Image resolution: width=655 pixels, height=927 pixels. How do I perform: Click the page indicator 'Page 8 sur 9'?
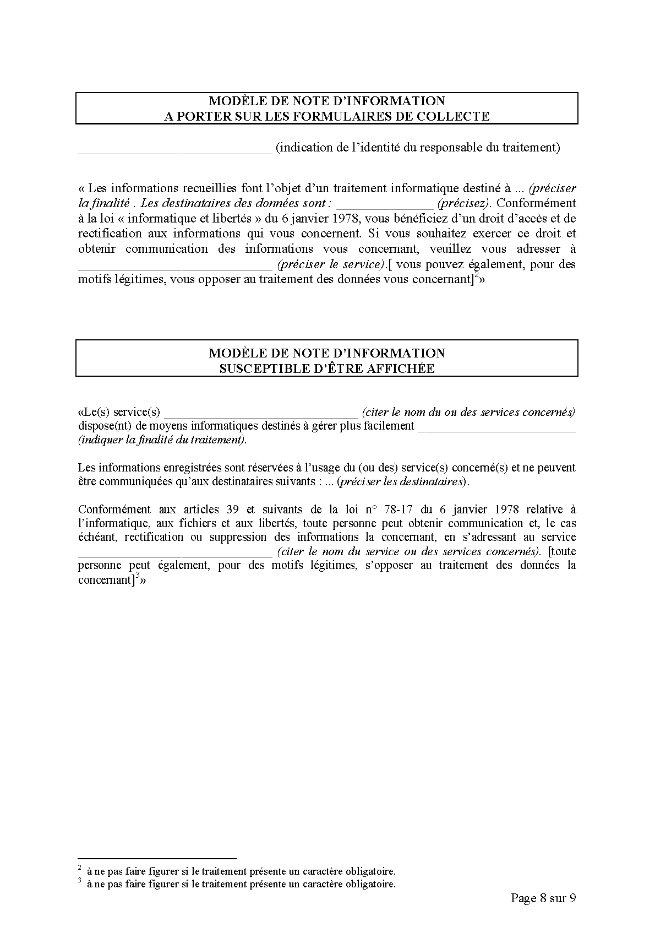point(543,898)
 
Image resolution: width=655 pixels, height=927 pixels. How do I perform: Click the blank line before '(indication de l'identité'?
point(174,153)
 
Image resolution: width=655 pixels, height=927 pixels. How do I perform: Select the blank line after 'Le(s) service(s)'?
point(261,416)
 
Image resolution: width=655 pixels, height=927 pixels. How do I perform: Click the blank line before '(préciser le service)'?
point(174,269)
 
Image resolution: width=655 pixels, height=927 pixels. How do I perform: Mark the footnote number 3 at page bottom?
point(80,882)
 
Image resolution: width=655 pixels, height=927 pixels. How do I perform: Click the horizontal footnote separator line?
point(157,858)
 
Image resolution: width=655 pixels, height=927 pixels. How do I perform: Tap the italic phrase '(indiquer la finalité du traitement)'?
point(162,440)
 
